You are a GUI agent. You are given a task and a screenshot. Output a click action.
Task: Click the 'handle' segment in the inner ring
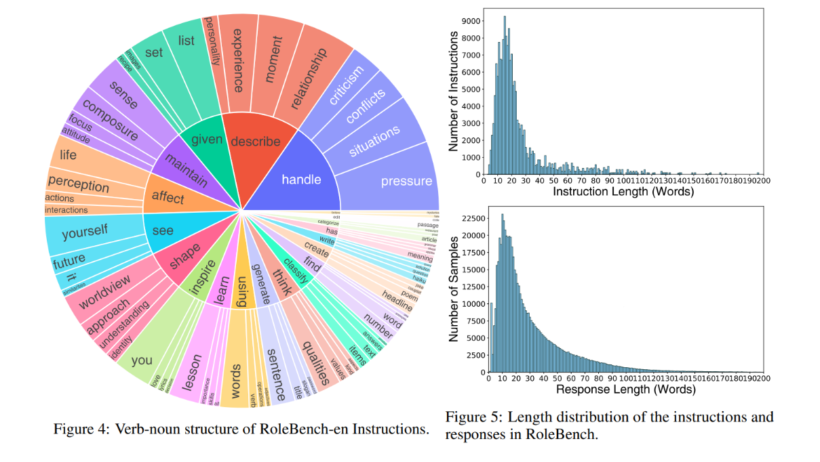click(301, 180)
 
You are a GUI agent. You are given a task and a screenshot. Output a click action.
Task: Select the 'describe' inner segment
click(255, 142)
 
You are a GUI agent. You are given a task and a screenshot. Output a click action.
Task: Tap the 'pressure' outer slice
click(406, 181)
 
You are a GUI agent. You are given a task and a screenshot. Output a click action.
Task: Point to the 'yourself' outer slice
click(85, 233)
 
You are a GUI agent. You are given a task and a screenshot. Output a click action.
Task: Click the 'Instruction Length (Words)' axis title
click(623, 192)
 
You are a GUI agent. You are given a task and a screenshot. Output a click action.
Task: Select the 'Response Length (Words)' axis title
click(625, 390)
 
